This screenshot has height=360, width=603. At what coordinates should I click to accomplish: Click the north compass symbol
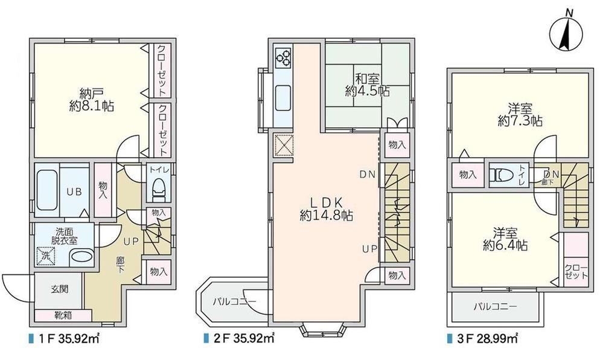566,33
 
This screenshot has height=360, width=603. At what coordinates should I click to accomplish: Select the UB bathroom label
75,191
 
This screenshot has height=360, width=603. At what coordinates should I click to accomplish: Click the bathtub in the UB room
47,190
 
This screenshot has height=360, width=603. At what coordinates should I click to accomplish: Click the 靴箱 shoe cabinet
63,316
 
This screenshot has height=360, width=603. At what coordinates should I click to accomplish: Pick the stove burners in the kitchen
284,57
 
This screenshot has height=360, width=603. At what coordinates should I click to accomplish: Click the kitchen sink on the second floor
284,98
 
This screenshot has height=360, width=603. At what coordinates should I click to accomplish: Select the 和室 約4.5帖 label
367,85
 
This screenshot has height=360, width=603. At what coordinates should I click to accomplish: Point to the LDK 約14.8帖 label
327,208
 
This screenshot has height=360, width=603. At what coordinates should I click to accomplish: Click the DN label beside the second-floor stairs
367,175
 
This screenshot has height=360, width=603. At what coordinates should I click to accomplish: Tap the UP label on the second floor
369,249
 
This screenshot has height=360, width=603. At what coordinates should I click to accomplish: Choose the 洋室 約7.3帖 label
520,115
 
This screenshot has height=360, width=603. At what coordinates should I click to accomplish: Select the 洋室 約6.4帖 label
505,239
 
